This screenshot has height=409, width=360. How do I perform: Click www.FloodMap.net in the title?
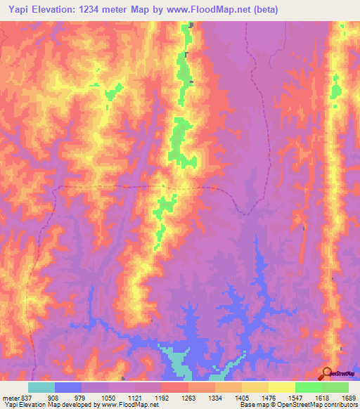[212, 10]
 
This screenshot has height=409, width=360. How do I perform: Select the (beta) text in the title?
[266, 10]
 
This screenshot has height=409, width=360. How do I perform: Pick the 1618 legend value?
[321, 397]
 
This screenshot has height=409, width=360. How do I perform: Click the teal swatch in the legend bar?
[41, 387]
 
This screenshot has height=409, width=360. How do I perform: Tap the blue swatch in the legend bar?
[68, 387]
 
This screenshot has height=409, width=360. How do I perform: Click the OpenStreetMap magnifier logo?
[328, 373]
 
